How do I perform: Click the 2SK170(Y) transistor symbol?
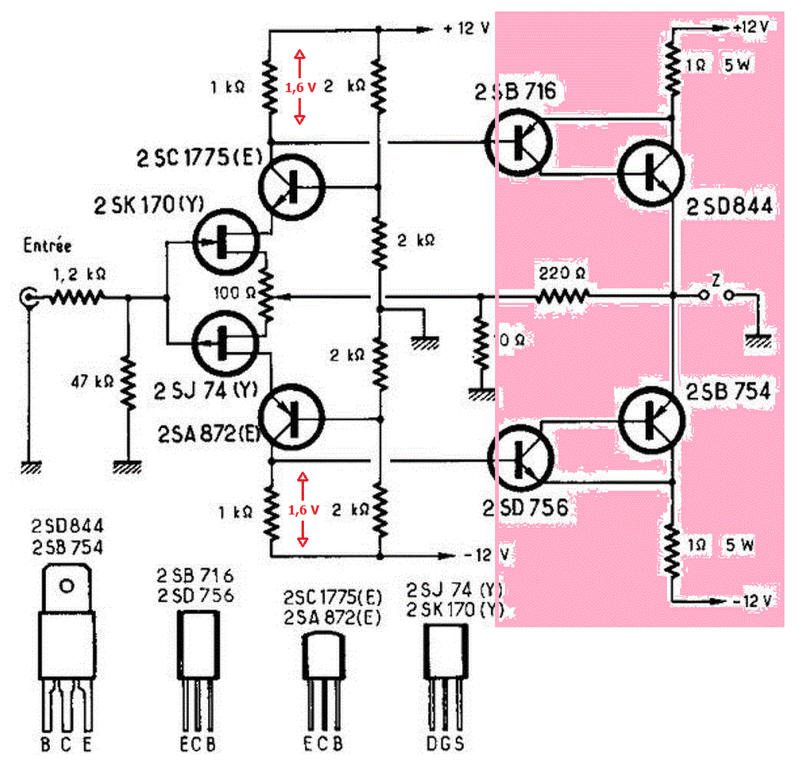click(x=225, y=241)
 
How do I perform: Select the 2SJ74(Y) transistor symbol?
click(x=225, y=342)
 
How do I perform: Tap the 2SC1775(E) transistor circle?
click(x=291, y=186)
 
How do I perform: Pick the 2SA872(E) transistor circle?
click(x=291, y=417)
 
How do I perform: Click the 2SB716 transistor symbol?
click(x=518, y=143)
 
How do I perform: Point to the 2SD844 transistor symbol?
click(x=650, y=173)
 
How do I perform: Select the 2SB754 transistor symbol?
click(x=650, y=419)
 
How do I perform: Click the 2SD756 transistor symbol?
click(x=521, y=458)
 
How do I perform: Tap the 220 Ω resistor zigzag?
click(x=563, y=296)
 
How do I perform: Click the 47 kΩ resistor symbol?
click(x=128, y=382)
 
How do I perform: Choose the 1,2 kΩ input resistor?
click(x=77, y=296)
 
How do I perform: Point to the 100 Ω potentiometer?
click(x=267, y=294)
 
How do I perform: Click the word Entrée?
click(x=47, y=245)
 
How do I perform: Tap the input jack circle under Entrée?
click(x=29, y=296)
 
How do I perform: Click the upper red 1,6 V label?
click(x=300, y=88)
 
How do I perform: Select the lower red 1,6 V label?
click(x=303, y=510)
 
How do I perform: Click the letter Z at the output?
click(x=716, y=279)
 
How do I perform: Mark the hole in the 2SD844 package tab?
click(x=66, y=586)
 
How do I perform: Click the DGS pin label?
click(x=445, y=744)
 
